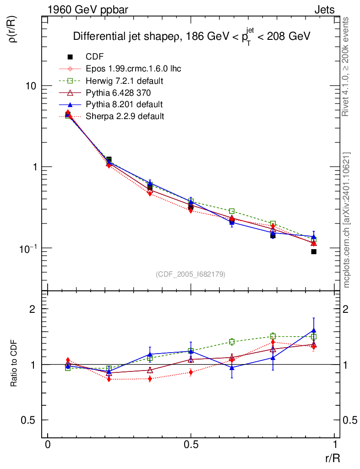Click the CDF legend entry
(x=94, y=57)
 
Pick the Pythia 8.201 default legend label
(x=124, y=104)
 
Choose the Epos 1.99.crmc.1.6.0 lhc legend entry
(x=133, y=69)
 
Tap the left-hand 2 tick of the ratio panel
(x=33, y=309)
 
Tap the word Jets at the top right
(x=324, y=9)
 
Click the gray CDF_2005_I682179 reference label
(x=191, y=274)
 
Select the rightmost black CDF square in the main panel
(x=314, y=251)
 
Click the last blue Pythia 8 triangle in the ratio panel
(x=314, y=330)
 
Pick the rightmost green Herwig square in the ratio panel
(x=314, y=337)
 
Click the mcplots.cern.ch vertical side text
(x=347, y=220)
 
